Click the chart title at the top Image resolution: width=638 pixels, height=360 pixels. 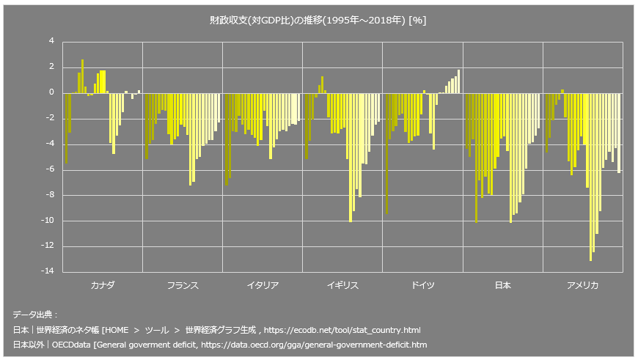[x=318, y=21]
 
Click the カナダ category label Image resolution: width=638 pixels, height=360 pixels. [x=102, y=285]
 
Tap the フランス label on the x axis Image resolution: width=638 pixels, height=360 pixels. [x=183, y=285]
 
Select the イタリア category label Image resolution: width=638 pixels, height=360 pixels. [x=263, y=285]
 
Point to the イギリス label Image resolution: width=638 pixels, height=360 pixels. [x=342, y=285]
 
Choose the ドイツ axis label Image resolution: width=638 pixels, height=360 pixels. [x=422, y=285]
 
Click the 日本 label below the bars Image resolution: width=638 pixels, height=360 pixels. [x=502, y=285]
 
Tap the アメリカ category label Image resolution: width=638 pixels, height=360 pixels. [x=583, y=285]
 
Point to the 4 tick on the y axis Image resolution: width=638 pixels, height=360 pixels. [x=51, y=42]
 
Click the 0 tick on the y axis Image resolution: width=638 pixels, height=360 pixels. [x=51, y=92]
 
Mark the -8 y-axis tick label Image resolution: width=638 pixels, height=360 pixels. [x=48, y=195]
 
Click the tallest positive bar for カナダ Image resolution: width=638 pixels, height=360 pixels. [x=83, y=76]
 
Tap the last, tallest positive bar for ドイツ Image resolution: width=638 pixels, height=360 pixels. [x=459, y=81]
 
